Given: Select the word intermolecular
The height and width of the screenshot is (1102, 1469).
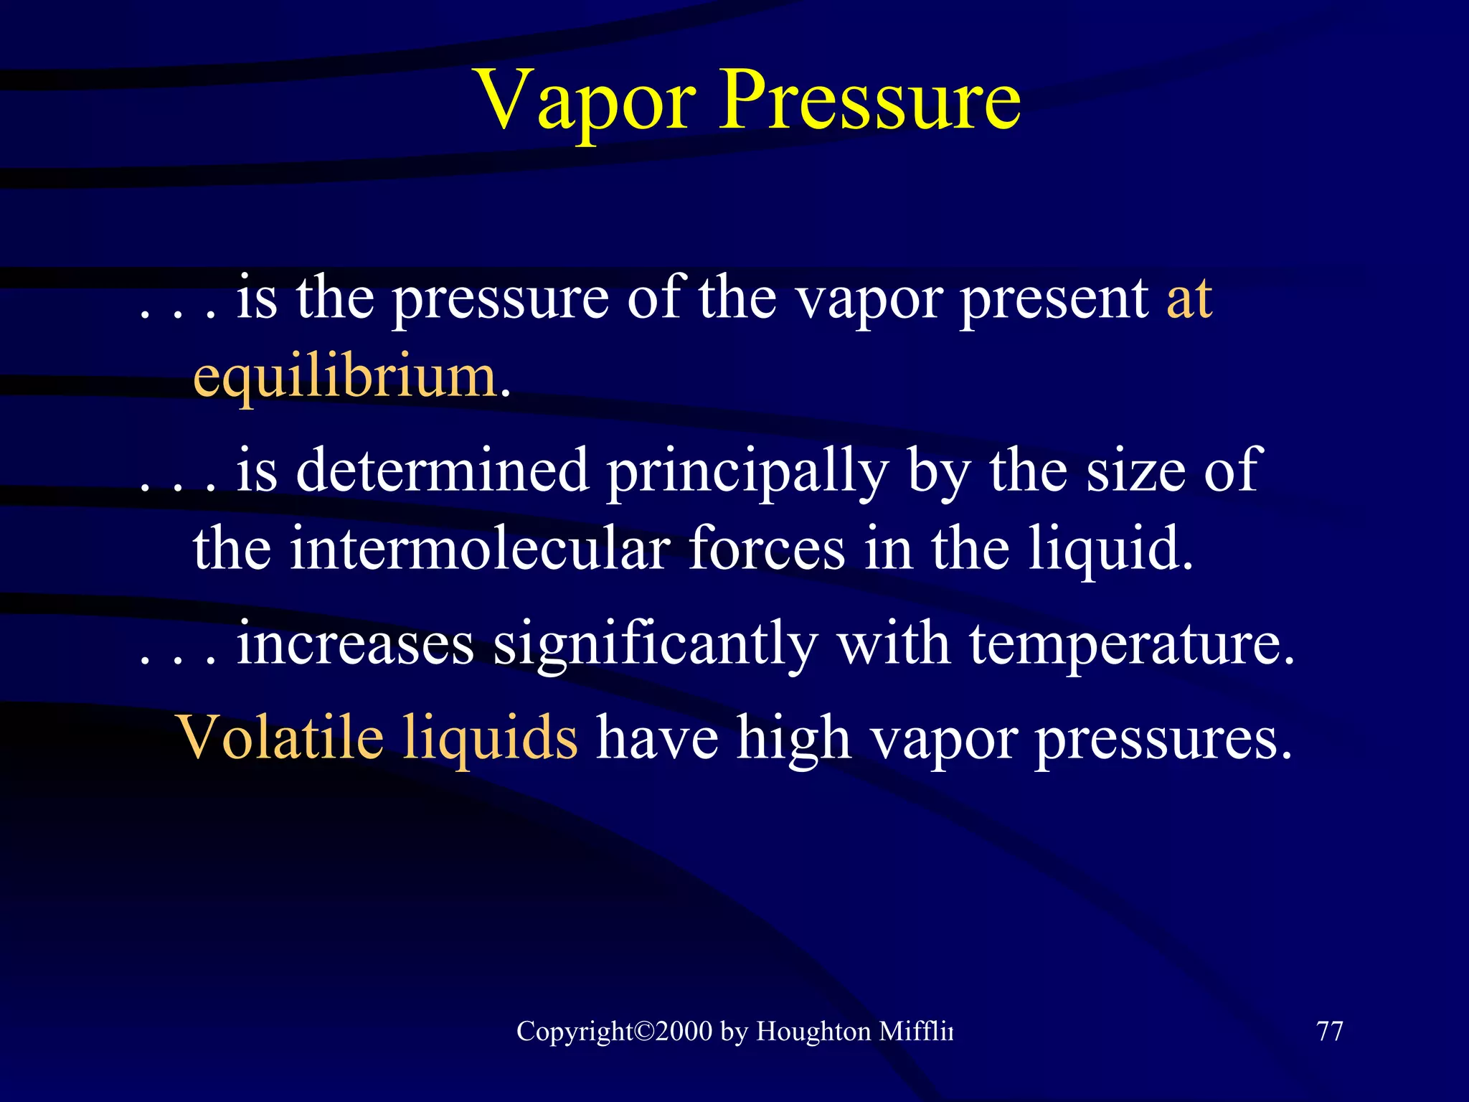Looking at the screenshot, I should pos(480,549).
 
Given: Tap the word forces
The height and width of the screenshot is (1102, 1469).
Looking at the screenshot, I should pos(767,549).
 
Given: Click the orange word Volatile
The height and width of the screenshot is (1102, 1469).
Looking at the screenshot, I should pos(280,737).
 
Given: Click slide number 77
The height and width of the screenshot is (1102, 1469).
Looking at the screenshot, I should pos(1330,1031).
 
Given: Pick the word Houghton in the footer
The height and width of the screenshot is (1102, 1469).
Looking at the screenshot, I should pos(813,1032).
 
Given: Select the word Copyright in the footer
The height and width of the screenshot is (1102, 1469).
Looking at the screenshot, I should pos(574,1032).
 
